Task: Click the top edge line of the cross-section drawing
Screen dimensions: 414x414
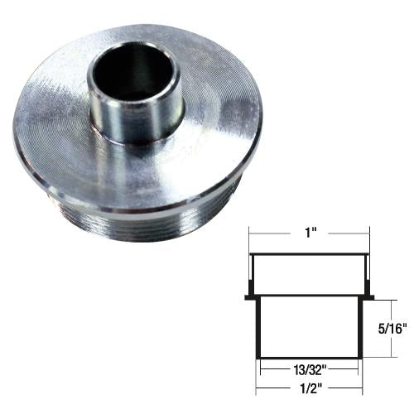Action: click(x=308, y=254)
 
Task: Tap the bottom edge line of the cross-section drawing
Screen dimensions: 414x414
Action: click(x=308, y=356)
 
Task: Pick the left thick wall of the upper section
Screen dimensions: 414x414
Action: click(x=253, y=275)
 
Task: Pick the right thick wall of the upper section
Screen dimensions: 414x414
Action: click(x=364, y=275)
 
